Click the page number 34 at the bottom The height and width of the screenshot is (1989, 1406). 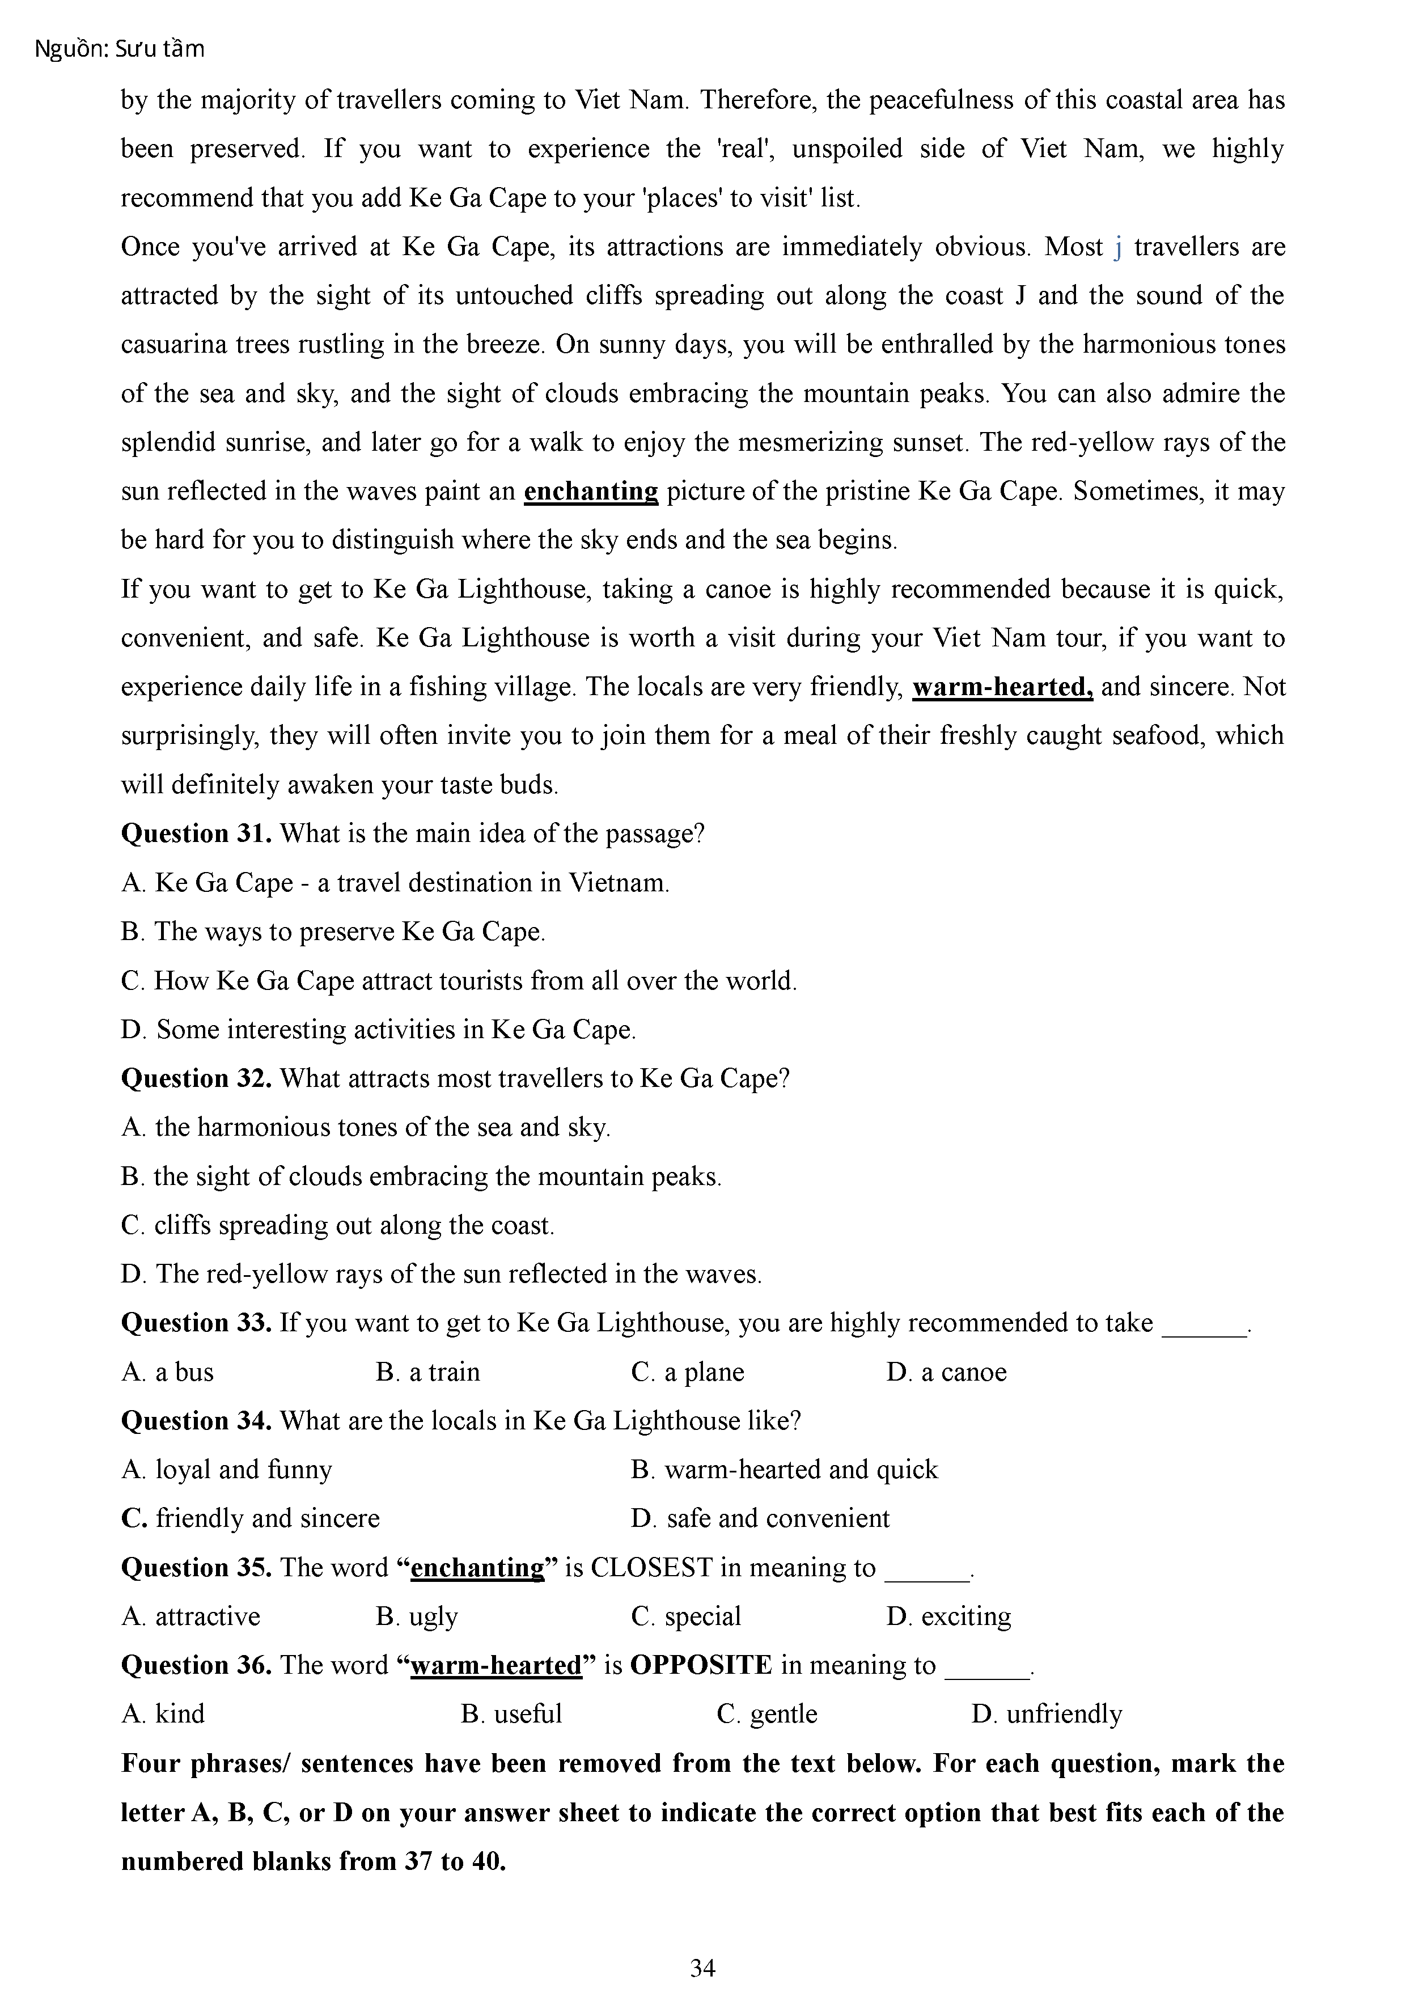click(x=702, y=1967)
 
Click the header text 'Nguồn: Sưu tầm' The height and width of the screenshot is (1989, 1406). click(x=120, y=49)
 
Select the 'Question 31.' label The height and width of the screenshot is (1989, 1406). click(x=197, y=833)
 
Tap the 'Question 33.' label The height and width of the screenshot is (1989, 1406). click(x=197, y=1323)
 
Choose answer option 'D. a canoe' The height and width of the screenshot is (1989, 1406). click(x=946, y=1372)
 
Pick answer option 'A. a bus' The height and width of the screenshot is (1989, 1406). click(x=167, y=1372)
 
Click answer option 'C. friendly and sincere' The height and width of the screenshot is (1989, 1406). click(x=251, y=1518)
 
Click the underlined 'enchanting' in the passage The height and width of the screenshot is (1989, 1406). click(x=591, y=491)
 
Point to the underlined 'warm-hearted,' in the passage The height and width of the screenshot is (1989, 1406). click(x=1002, y=687)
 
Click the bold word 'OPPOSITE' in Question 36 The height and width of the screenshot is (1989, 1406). click(x=701, y=1665)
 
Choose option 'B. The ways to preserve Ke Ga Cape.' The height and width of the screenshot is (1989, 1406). click(x=333, y=931)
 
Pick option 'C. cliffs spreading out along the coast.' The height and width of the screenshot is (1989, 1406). click(x=338, y=1225)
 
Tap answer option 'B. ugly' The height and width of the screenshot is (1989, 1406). click(x=417, y=1616)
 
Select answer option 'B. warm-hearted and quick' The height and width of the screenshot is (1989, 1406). click(x=784, y=1470)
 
